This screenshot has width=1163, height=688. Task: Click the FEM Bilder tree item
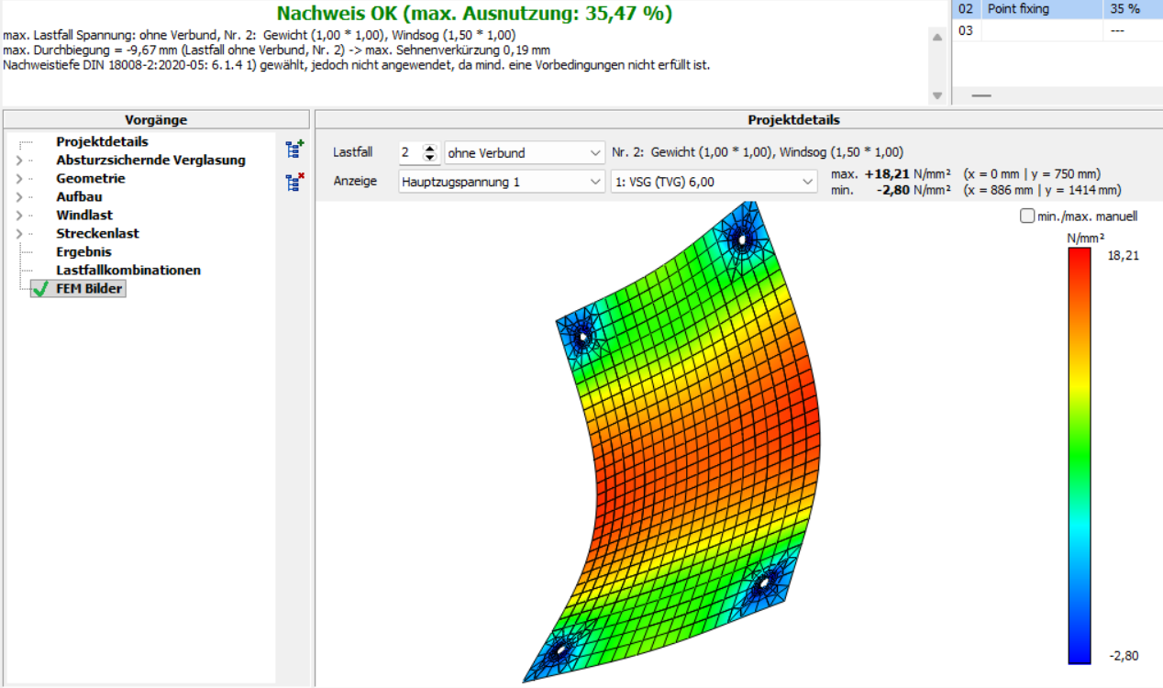(89, 289)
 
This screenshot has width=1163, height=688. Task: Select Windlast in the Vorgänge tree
(84, 215)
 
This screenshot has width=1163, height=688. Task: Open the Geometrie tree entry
(90, 178)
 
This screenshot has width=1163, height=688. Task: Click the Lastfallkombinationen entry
(128, 270)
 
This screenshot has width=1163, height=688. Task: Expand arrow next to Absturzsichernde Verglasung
(19, 160)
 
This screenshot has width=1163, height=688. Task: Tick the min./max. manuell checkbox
(1026, 216)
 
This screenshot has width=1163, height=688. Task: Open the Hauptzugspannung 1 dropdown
(501, 182)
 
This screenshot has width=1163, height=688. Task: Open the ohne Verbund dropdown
(525, 153)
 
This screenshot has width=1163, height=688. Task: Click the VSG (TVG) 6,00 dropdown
(714, 182)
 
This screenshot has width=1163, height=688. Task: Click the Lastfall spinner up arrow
(429, 148)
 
